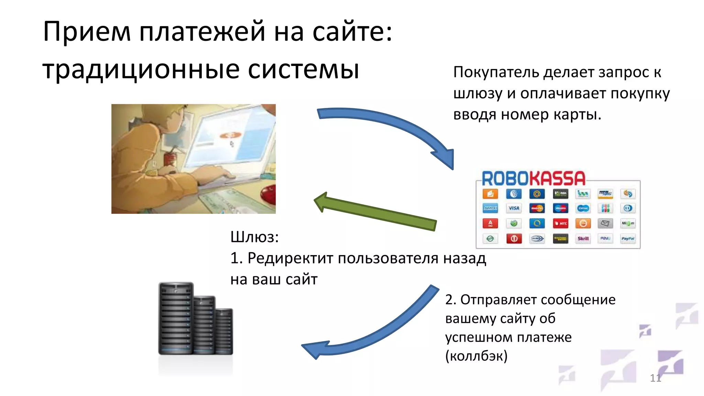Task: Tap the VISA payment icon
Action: [514, 208]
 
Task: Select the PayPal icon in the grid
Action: [628, 239]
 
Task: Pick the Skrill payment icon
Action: [583, 239]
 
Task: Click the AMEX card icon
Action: [490, 208]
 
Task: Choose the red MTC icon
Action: [561, 223]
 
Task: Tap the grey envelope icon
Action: [605, 223]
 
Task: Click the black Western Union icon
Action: [561, 239]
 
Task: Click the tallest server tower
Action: [176, 318]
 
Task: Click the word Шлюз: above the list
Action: [254, 237]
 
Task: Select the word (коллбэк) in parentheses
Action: [476, 356]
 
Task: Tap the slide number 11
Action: [655, 378]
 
